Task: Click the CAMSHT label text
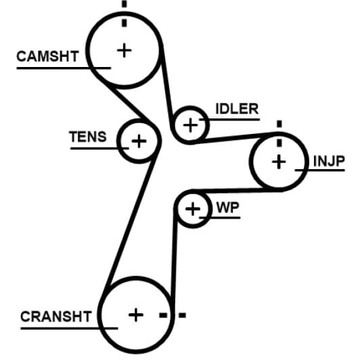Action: tap(47, 56)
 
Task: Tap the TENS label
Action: tap(88, 137)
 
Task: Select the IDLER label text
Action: tap(237, 108)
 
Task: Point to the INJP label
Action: tap(329, 162)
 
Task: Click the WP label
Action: tap(228, 207)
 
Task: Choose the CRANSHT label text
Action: tap(56, 317)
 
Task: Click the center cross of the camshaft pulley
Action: tap(125, 50)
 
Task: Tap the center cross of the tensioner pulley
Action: tap(139, 141)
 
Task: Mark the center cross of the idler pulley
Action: tap(190, 125)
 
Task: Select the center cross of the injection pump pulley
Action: tap(279, 162)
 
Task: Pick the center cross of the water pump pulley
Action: tap(193, 209)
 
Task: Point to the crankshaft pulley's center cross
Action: tap(136, 315)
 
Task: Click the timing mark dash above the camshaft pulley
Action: tap(125, 4)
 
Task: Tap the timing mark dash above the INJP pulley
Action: tap(279, 124)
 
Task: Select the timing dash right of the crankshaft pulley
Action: tap(182, 315)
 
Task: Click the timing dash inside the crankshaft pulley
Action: tap(163, 315)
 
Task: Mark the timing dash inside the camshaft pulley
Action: tap(125, 23)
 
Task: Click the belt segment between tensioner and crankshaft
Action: tap(131, 219)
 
